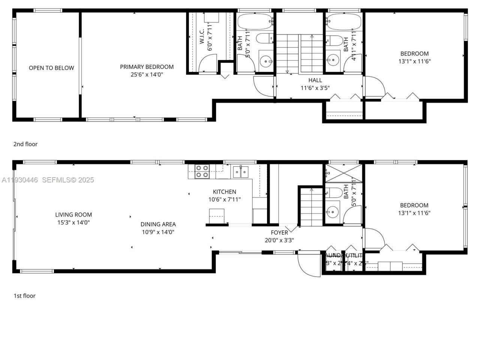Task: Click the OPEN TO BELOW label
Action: pyautogui.click(x=51, y=68)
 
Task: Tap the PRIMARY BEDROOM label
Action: pyautogui.click(x=147, y=67)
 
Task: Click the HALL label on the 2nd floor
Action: pyautogui.click(x=315, y=80)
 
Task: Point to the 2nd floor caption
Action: pyautogui.click(x=25, y=144)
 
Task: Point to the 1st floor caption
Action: pyautogui.click(x=24, y=295)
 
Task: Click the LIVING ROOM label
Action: pyautogui.click(x=73, y=214)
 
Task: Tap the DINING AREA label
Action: pyautogui.click(x=158, y=224)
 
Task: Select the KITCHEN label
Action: pyautogui.click(x=224, y=192)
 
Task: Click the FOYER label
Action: pyautogui.click(x=279, y=232)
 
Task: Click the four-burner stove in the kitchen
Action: pyautogui.click(x=202, y=171)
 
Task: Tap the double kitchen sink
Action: pyautogui.click(x=240, y=172)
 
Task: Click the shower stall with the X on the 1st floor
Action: pyautogui.click(x=344, y=174)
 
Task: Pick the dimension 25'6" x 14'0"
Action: pyautogui.click(x=147, y=75)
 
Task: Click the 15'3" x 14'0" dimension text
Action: pyautogui.click(x=73, y=222)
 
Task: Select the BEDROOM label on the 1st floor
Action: pyautogui.click(x=414, y=205)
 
